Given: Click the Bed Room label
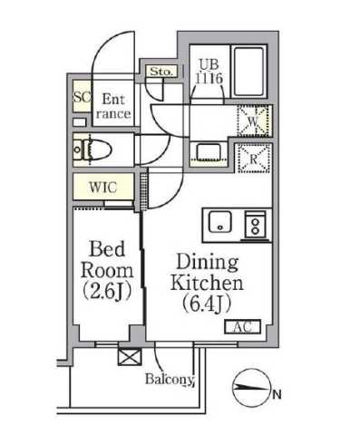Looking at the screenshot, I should tap(107, 258).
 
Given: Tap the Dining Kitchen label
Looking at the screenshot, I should tap(206, 273).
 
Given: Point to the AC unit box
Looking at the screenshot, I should tap(243, 326).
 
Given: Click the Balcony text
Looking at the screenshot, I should tap(170, 380).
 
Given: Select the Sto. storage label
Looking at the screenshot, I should tap(161, 71).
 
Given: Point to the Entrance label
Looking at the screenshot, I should tap(116, 107).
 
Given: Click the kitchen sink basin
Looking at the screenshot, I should tap(219, 222).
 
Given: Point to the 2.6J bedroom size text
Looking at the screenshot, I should tap(107, 291).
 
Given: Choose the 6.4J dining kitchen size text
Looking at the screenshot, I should tap(206, 302).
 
